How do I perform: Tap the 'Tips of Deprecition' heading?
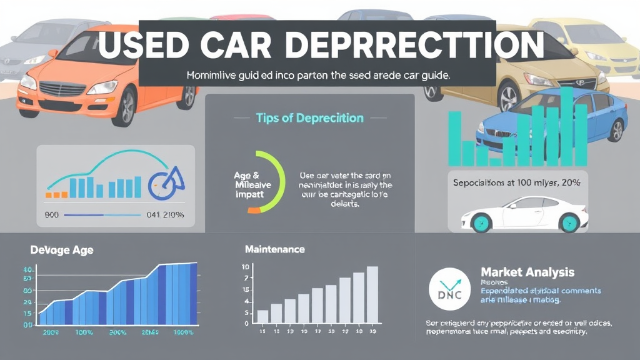coord(310,117)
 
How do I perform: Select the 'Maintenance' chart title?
coord(275,249)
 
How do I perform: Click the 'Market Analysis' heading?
coord(527,272)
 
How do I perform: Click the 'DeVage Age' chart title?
coord(62,250)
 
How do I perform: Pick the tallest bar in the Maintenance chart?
coord(372,294)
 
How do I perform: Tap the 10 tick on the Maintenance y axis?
coord(246,267)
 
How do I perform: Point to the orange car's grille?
coord(62,89)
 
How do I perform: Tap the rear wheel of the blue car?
coord(617,129)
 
